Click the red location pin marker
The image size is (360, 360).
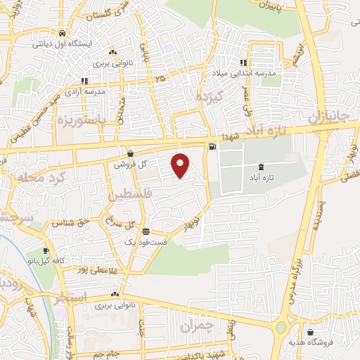coord(181,165)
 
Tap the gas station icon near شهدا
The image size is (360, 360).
coord(211,146)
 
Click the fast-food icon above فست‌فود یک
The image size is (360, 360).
coord(146,231)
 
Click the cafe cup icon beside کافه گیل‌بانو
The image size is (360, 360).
coord(46,251)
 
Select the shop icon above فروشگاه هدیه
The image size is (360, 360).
coord(311,331)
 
